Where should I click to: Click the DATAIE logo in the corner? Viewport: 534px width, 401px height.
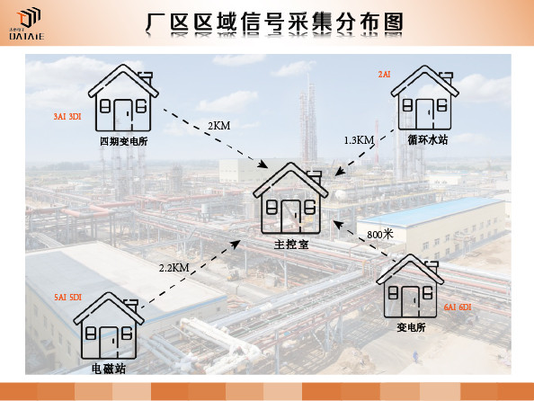(x=27, y=23)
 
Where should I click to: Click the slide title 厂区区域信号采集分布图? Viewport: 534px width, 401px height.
(x=275, y=23)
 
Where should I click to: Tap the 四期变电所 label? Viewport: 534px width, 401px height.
(x=124, y=141)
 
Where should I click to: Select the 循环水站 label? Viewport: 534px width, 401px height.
(x=428, y=139)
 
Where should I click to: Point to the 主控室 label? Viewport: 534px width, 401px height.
(x=291, y=244)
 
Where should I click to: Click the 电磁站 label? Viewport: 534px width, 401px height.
(x=109, y=369)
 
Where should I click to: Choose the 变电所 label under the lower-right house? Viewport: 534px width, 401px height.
(x=411, y=327)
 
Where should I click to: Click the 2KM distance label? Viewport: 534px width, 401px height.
(x=219, y=126)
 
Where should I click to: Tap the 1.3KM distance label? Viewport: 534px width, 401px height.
(x=359, y=140)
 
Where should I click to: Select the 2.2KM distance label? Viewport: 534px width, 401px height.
(x=174, y=268)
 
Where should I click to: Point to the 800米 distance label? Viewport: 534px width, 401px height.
(x=380, y=234)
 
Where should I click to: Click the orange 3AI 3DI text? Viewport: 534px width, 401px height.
(x=67, y=117)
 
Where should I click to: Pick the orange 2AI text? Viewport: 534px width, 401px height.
(x=384, y=75)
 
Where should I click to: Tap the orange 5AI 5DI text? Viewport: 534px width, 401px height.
(x=67, y=297)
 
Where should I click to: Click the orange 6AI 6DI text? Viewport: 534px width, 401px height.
(x=458, y=307)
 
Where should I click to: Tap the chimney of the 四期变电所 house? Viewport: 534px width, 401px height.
(x=146, y=77)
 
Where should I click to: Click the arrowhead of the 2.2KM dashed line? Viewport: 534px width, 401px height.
(x=236, y=244)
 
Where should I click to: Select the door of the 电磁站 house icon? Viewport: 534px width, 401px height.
(x=108, y=343)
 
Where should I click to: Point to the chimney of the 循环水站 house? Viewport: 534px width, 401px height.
(x=447, y=78)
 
